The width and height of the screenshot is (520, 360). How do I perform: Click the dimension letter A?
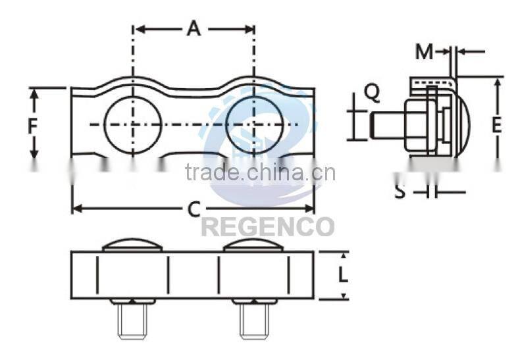[x=193, y=29]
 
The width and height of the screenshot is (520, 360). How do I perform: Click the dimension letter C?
[x=193, y=209]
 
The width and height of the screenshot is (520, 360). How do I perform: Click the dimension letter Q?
[x=372, y=94]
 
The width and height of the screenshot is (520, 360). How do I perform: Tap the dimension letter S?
[x=400, y=192]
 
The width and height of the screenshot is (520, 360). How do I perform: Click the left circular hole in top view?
[x=132, y=124]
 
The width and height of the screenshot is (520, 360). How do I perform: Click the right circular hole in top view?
[x=254, y=124]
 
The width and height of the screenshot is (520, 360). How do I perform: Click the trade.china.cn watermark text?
[x=260, y=172]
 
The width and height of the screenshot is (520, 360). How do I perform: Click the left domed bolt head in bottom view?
[x=132, y=245]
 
